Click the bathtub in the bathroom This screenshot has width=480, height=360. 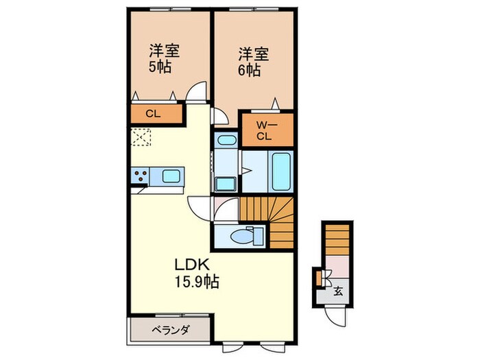pos(280,171)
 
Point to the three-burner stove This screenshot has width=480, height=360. pos(140,176)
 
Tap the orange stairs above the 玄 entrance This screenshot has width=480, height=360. pos(337,241)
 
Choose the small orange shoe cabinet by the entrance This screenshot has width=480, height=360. pos(319,278)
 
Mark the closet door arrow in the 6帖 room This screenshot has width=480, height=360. pos(276,104)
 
